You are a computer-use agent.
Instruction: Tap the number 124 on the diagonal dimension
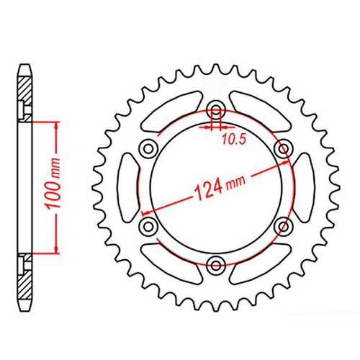pyautogui.click(x=205, y=191)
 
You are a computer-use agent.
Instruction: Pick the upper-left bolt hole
pyautogui.click(x=150, y=148)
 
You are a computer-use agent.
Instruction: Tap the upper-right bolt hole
pyautogui.click(x=282, y=148)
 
